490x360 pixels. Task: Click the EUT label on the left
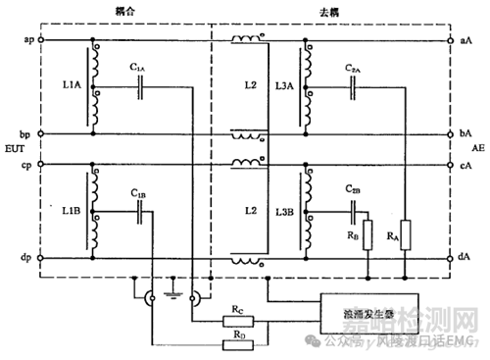[13, 149]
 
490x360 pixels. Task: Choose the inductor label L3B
[285, 211]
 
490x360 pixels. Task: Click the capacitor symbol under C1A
[142, 86]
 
